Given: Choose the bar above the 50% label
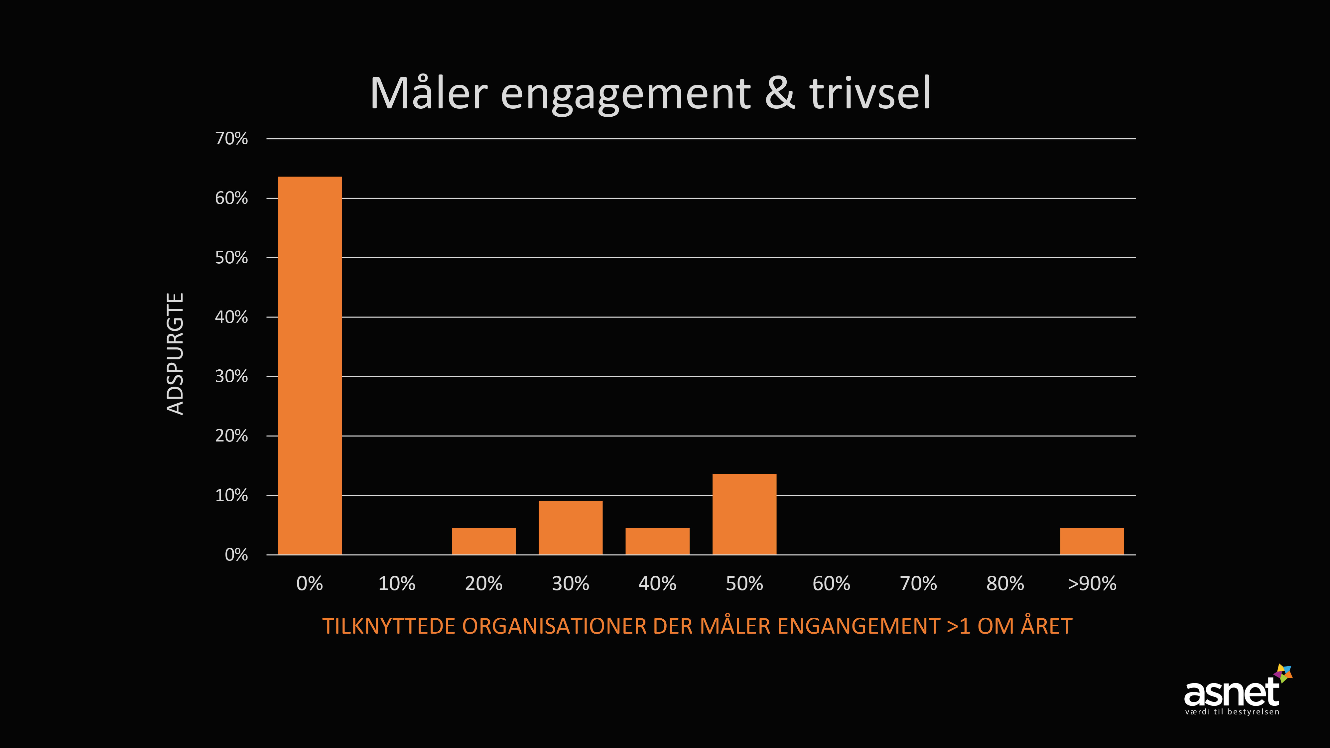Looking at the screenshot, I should tap(744, 514).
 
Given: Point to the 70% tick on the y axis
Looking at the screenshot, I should tap(231, 139).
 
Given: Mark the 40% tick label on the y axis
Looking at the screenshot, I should tap(231, 317).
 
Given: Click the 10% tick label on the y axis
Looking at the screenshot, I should tap(231, 496).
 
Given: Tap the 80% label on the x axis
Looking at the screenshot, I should tap(1005, 584).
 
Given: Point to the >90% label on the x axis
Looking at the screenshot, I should tap(1092, 584).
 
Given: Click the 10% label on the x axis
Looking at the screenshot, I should tap(397, 584).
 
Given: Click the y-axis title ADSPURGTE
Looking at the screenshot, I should tap(176, 354).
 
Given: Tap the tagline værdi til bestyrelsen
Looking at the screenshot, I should tap(1232, 712).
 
